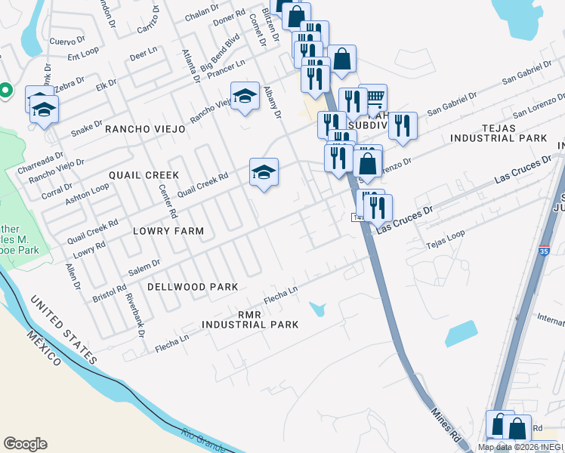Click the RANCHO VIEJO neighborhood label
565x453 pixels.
145,129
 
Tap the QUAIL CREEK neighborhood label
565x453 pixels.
144,175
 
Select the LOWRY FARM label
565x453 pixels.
169,230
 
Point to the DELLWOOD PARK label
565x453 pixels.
193,287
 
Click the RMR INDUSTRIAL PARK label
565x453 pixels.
249,319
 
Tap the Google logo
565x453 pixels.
25,444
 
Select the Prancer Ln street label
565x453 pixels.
227,69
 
